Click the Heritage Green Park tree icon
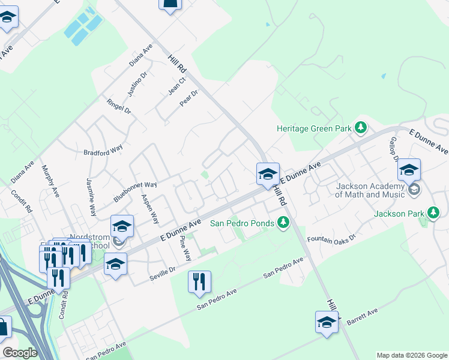click(360, 128)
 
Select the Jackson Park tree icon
click(433, 213)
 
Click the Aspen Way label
click(150, 208)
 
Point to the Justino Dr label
click(137, 84)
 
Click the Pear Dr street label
click(189, 98)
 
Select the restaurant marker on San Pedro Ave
click(199, 282)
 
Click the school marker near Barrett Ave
click(327, 322)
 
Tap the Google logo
click(20, 353)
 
